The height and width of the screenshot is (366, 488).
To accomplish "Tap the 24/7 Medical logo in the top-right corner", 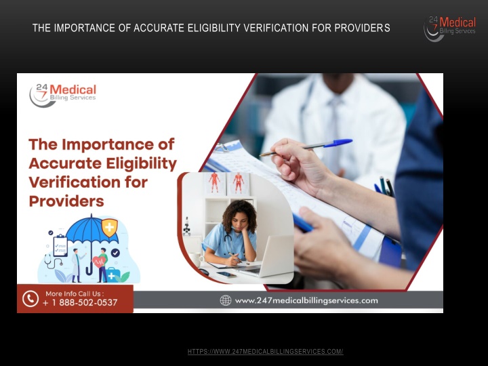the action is pos(450,28).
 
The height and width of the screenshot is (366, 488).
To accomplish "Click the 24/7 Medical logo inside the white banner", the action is pos(63,96).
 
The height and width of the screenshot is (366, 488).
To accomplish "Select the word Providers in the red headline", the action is pos(66,201).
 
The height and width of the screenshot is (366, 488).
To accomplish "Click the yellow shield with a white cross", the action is pos(110,227).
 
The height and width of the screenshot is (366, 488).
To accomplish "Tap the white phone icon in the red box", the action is pos(30,299).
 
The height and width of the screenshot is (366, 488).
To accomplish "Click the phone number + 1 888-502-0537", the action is pos(80,302).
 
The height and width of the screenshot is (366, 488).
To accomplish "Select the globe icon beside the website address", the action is pos(226,300).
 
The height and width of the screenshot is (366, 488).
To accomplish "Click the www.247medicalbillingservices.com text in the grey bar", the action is pos(306,301).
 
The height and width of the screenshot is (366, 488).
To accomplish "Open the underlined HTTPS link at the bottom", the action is pos(265,352).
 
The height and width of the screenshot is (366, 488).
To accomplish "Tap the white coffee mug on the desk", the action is pos(196,260).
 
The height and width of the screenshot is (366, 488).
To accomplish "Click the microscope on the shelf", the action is pos(186,226).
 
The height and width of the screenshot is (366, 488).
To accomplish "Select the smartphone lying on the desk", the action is pos(226,274).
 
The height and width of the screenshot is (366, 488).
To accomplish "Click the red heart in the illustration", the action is pos(99,262).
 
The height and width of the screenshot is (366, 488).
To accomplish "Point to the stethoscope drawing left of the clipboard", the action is pos(52,262).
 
